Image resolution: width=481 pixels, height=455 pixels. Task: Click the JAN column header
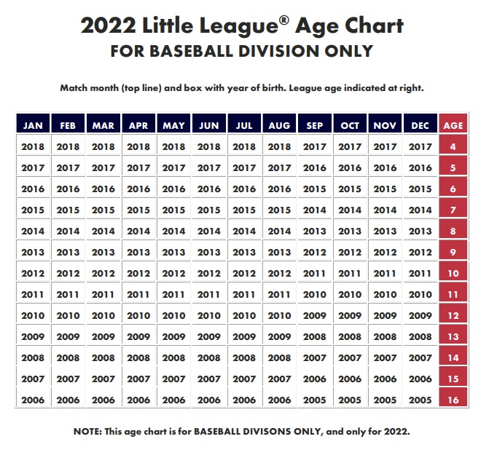point(33,125)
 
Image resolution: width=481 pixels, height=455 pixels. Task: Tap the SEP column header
point(315,125)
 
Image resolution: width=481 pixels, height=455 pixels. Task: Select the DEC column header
point(421,125)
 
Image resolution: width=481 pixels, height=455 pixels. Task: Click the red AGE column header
point(453,125)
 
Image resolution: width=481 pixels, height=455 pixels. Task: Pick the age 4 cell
point(453,146)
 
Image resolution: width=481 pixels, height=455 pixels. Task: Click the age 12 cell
point(453,315)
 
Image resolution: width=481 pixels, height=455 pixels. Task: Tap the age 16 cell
point(453,400)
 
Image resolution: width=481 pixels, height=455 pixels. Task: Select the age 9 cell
point(453,252)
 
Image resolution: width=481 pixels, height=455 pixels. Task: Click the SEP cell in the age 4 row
point(315,146)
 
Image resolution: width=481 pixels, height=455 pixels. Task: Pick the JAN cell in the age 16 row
point(33,400)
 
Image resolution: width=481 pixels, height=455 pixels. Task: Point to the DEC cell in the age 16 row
point(421,400)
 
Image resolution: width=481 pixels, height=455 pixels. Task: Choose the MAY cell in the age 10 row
point(173,273)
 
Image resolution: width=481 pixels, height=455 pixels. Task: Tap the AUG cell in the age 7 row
point(280,210)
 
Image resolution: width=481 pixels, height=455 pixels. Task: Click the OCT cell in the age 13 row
point(350,336)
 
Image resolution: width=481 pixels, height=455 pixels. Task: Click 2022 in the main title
point(107,27)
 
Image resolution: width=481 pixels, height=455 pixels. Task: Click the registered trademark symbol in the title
point(283,20)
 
